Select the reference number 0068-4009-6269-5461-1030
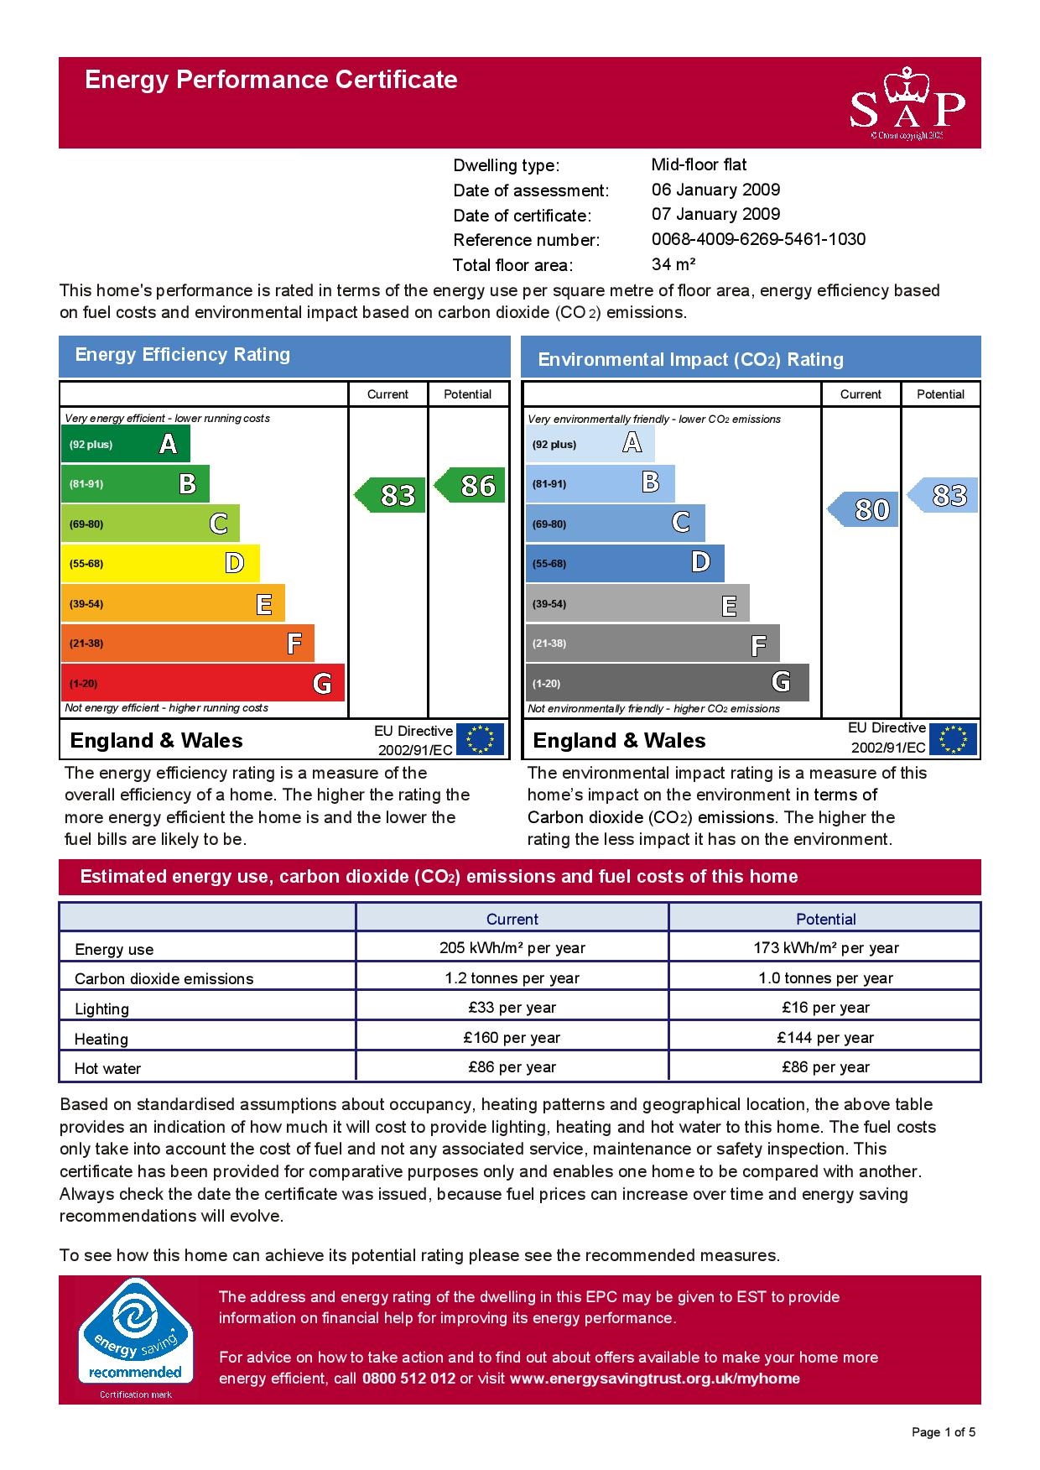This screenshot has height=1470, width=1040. pyautogui.click(x=758, y=239)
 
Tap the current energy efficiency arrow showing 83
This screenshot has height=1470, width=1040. pyautogui.click(x=392, y=495)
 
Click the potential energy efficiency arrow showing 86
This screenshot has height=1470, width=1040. pyautogui.click(x=472, y=485)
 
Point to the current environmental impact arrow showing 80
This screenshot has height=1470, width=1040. pyautogui.click(x=865, y=509)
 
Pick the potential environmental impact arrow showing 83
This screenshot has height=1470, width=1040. pyautogui.click(x=944, y=495)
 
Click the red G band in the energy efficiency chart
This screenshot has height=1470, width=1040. pyautogui.click(x=202, y=683)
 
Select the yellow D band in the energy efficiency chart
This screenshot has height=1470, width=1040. pyautogui.click(x=159, y=563)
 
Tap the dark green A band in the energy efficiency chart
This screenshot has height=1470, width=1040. pyautogui.click(x=125, y=444)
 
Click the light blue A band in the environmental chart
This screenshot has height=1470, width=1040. pyautogui.click(x=590, y=444)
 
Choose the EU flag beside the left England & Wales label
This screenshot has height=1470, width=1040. pyautogui.click(x=480, y=740)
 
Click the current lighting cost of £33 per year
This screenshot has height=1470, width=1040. pyautogui.click(x=512, y=1008)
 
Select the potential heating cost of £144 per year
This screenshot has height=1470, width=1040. pyautogui.click(x=825, y=1038)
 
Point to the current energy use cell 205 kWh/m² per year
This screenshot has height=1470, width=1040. pyautogui.click(x=512, y=948)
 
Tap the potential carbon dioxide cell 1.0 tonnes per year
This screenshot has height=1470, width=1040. pyautogui.click(x=825, y=978)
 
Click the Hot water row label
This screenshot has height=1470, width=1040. pyautogui.click(x=108, y=1069)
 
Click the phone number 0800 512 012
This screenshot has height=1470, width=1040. pyautogui.click(x=408, y=1379)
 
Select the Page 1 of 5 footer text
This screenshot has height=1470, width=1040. pyautogui.click(x=944, y=1432)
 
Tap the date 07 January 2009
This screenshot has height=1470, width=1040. pyautogui.click(x=715, y=215)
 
